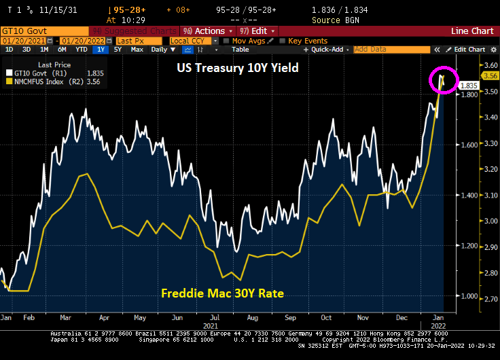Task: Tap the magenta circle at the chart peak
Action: tap(444, 81)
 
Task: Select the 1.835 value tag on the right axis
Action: tap(468, 86)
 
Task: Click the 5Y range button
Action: tap(118, 50)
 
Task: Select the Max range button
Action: tap(137, 50)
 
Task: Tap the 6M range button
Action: tap(62, 50)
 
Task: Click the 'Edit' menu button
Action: tap(259, 31)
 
